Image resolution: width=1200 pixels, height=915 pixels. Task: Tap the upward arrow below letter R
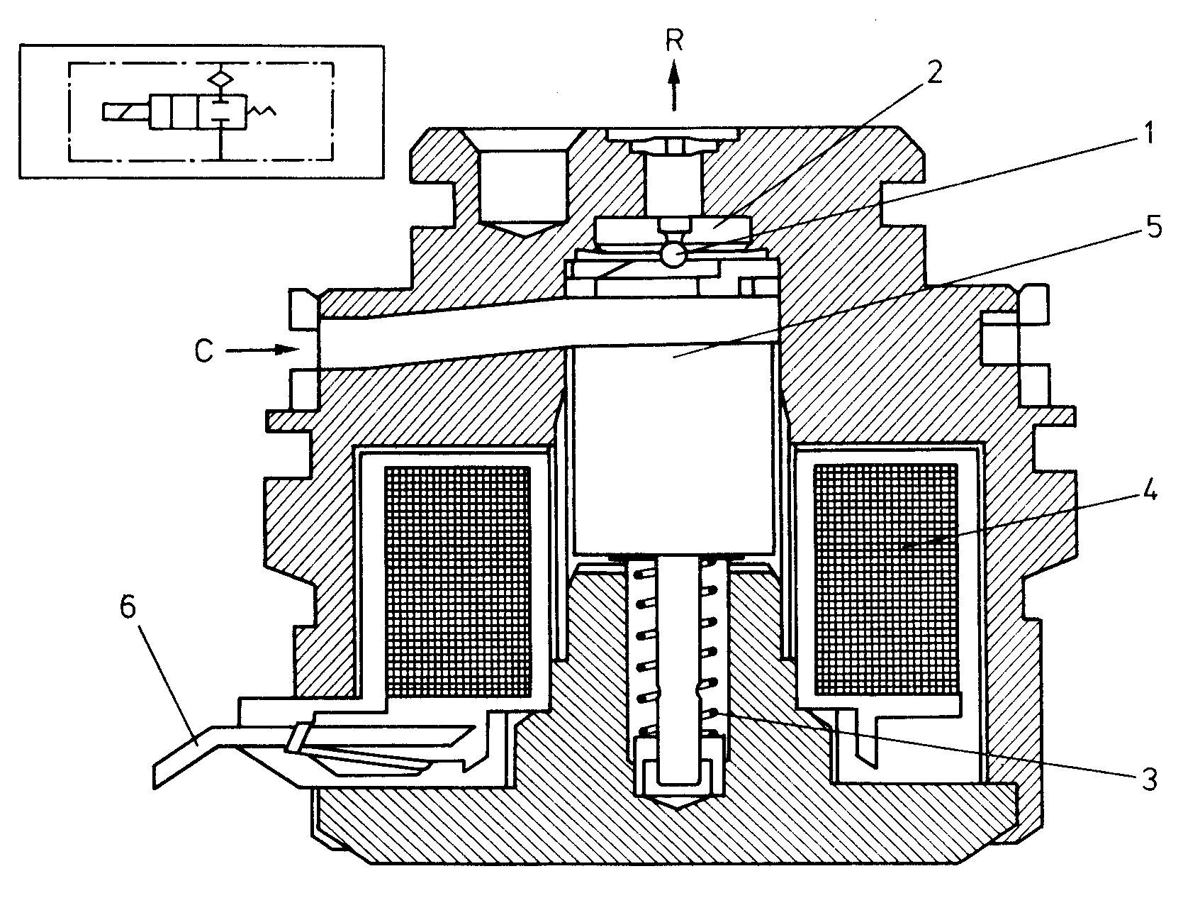coord(674,86)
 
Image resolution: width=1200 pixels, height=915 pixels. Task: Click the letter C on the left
coord(204,351)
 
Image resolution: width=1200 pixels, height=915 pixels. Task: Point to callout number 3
coord(1150,779)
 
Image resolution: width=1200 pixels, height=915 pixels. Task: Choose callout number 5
coord(1153,228)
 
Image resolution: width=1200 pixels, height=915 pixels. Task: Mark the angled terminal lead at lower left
coord(191,756)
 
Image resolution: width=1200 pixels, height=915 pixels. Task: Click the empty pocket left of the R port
coord(523,188)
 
